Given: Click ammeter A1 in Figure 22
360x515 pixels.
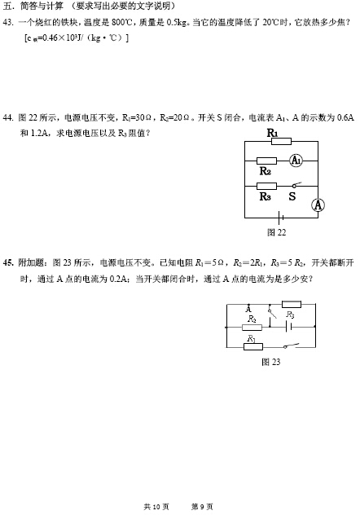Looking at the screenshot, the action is point(296,161).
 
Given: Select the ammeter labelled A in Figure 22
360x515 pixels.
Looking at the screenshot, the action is point(318,205).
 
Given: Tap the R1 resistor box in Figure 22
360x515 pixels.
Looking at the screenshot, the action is point(281,142).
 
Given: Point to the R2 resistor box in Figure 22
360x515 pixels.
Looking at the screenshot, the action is point(266,161).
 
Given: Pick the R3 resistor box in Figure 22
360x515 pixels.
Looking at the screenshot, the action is point(266,187).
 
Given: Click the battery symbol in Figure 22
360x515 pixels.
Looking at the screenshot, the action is point(280,218).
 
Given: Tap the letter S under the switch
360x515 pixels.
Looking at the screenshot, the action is point(292,196).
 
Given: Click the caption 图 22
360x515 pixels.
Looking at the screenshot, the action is point(276,232).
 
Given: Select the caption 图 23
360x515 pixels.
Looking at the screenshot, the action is point(270,362).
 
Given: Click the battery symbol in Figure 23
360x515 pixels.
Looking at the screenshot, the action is point(288,327).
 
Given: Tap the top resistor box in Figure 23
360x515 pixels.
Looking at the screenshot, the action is point(292,304).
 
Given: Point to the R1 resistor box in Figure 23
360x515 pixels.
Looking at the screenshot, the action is point(253,346).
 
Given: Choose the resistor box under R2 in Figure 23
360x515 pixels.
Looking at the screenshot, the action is point(252,327).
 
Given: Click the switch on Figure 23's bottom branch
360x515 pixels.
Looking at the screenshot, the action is point(291,346).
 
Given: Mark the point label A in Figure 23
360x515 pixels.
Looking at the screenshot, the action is point(248,310).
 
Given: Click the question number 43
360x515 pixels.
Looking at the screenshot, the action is point(8,22).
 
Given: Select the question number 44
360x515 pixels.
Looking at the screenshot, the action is point(8,117).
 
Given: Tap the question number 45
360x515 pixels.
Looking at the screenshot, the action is point(8,262).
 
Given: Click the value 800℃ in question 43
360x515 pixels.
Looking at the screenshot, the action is point(121,22).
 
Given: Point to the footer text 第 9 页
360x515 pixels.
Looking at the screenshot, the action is point(202,507).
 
